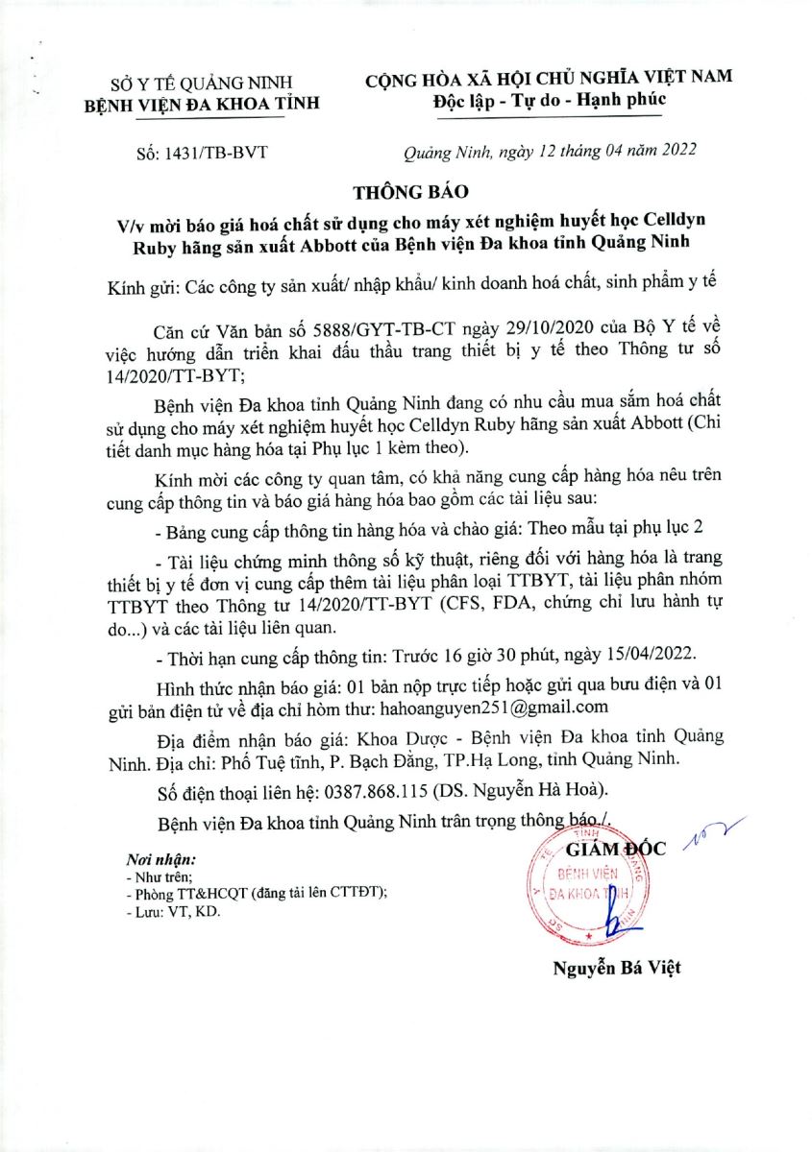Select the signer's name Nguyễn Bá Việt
coord(616,967)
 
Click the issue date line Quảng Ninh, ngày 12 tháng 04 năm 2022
coord(548,151)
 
